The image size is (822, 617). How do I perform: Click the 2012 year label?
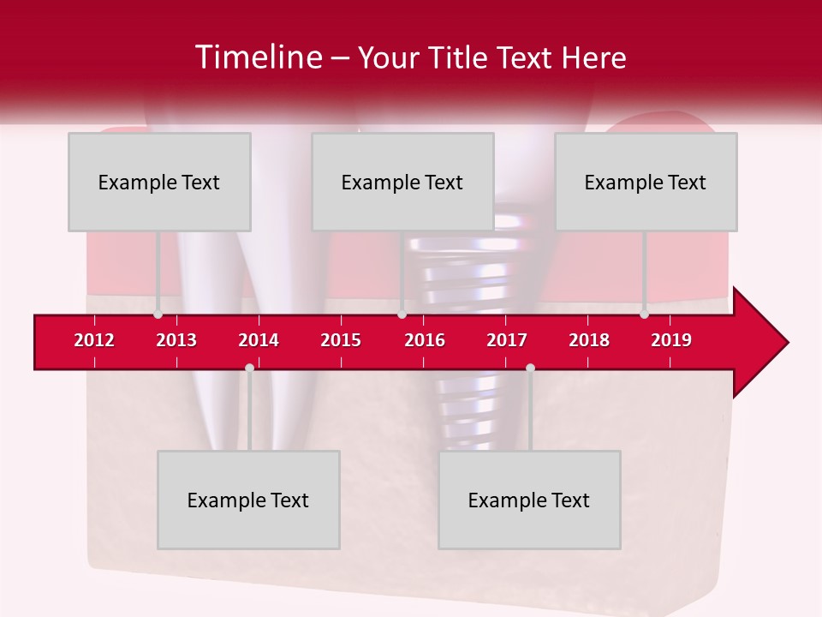click(x=94, y=340)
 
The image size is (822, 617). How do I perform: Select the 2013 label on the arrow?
click(x=176, y=340)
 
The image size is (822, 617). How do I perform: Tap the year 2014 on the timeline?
click(x=259, y=340)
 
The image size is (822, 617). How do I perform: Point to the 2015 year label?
click(x=341, y=340)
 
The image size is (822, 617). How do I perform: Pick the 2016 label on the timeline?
click(x=425, y=340)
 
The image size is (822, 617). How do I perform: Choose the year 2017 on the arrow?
click(x=507, y=340)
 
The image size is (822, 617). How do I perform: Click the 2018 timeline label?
click(x=589, y=340)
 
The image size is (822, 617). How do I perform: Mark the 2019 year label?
click(x=671, y=340)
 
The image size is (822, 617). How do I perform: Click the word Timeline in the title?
click(x=257, y=57)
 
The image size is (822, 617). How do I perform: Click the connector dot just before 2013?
click(x=158, y=314)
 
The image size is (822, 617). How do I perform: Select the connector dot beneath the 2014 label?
click(x=249, y=368)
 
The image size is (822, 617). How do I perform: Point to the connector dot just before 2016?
click(x=402, y=314)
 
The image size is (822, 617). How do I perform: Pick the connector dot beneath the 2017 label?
click(x=530, y=368)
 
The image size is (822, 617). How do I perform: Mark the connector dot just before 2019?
click(x=644, y=314)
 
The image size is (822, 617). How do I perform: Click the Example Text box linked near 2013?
click(x=159, y=182)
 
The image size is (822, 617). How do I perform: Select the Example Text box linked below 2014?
click(x=248, y=500)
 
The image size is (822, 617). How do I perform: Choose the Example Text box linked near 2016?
click(x=402, y=182)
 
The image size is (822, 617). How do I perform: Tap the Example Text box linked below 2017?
click(x=529, y=500)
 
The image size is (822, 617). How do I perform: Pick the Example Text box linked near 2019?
click(x=646, y=182)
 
